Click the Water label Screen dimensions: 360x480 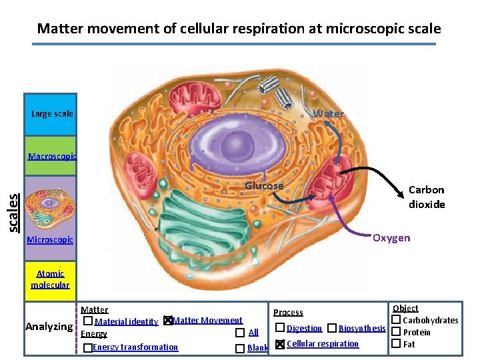(329, 114)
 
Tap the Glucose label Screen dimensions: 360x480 (264, 186)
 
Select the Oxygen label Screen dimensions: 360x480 (391, 238)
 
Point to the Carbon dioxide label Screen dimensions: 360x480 (427, 197)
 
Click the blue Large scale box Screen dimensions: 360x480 (51, 115)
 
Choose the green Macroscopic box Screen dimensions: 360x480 (51, 157)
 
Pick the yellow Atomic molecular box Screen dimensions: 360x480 (51, 279)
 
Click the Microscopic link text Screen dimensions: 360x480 (50, 239)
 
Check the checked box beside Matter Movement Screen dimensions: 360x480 (168, 321)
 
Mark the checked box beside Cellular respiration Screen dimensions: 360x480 (280, 344)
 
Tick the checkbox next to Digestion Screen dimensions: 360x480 (280, 328)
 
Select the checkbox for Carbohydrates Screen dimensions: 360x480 (395, 321)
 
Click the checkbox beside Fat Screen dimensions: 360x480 (395, 344)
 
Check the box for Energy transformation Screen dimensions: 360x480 (87, 348)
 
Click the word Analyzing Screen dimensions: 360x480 (49, 327)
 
